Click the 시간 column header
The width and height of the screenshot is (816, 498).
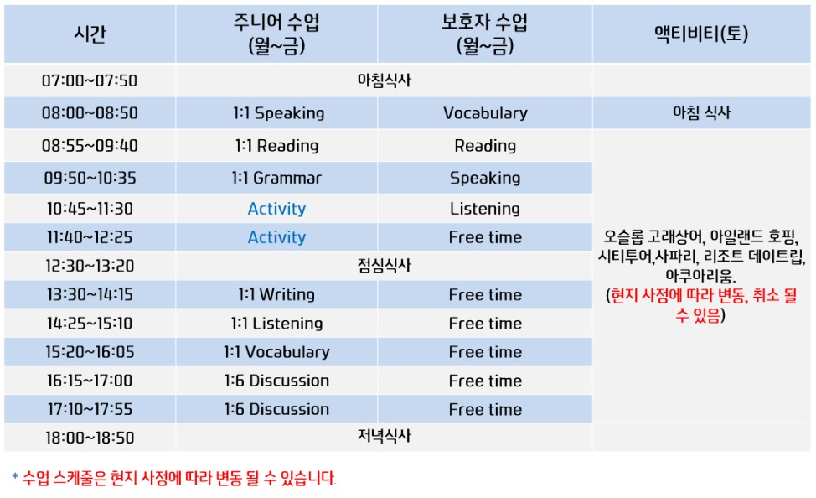(90, 34)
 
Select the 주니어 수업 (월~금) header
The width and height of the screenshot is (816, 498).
(276, 34)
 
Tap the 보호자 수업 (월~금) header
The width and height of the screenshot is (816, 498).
(484, 34)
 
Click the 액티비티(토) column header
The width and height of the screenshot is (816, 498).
(701, 34)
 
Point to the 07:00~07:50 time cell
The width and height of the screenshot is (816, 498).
(90, 80)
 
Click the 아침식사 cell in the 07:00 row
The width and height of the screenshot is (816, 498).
(384, 80)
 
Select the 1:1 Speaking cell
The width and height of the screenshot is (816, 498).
(276, 112)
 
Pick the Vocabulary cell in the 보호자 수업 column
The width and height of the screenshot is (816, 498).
(485, 112)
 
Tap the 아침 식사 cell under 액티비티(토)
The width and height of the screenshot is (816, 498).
(701, 112)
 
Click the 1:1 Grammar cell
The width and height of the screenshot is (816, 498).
(276, 178)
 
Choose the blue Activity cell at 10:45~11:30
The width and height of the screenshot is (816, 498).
(276, 209)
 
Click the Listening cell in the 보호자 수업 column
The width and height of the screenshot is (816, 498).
(485, 209)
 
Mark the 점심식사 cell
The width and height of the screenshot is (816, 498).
(384, 266)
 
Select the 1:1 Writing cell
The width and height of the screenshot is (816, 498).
(276, 294)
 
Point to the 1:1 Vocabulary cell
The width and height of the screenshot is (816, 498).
(276, 352)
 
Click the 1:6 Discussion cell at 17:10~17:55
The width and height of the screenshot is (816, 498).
(276, 409)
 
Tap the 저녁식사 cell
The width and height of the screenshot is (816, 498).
(384, 437)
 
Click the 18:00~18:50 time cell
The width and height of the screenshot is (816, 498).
(90, 438)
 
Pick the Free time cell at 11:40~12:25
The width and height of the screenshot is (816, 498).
(485, 237)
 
